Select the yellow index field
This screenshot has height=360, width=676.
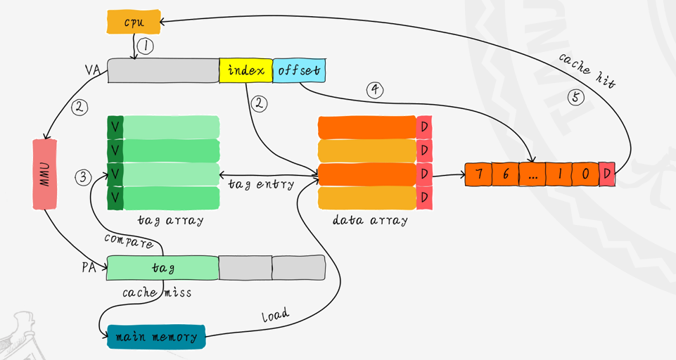(245, 70)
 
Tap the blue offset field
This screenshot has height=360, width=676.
(299, 70)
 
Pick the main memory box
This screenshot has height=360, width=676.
(155, 337)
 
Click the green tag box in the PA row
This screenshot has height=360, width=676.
(162, 268)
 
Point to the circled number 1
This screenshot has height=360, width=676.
(144, 46)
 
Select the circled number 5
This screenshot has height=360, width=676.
(576, 97)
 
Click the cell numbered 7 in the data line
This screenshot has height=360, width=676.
(479, 174)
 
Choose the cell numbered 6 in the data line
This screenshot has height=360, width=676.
(505, 174)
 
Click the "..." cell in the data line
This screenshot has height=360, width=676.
(532, 174)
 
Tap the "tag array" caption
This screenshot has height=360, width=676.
(170, 220)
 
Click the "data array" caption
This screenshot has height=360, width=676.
(370, 220)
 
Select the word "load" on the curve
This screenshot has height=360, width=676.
(275, 316)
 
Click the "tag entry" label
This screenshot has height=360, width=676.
(261, 184)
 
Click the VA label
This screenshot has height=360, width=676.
(93, 70)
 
